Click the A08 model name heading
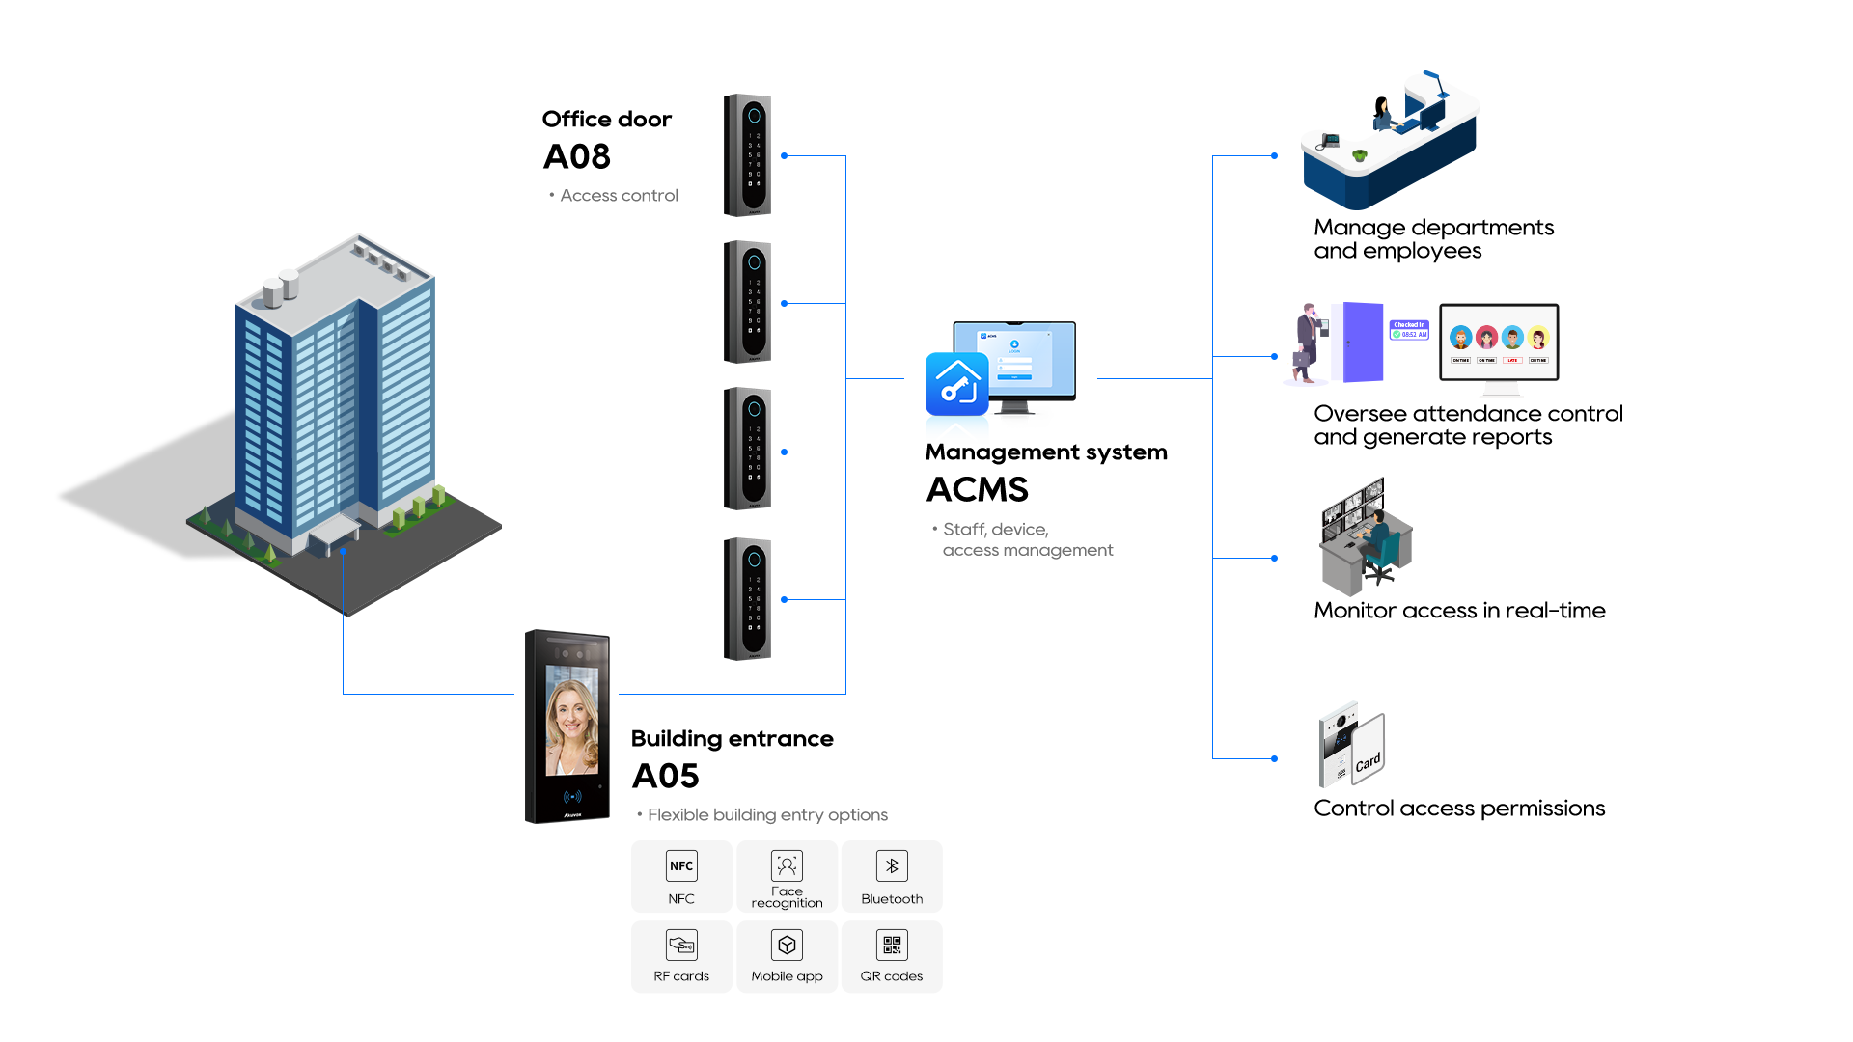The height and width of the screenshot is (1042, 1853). [577, 156]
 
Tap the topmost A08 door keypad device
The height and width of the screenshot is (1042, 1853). [748, 155]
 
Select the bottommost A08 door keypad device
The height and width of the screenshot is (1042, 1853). [748, 599]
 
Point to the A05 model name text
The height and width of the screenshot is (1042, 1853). [666, 776]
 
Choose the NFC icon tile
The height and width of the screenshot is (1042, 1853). [681, 866]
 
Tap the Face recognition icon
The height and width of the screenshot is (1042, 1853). [787, 865]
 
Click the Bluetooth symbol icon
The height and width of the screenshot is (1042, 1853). [892, 865]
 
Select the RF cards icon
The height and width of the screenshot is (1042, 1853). [681, 945]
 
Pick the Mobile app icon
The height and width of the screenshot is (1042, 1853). [787, 945]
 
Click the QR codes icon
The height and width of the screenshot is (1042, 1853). [892, 945]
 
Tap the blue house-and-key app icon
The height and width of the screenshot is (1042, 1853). [956, 383]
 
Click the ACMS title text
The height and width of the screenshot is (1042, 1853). [978, 490]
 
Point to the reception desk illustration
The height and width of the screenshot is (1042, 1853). [1390, 145]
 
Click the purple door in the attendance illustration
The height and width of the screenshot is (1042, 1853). [1356, 343]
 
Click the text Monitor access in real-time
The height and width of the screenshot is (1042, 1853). [1459, 611]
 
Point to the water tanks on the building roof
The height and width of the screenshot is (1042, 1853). [280, 288]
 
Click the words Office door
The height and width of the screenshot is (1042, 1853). [607, 119]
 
